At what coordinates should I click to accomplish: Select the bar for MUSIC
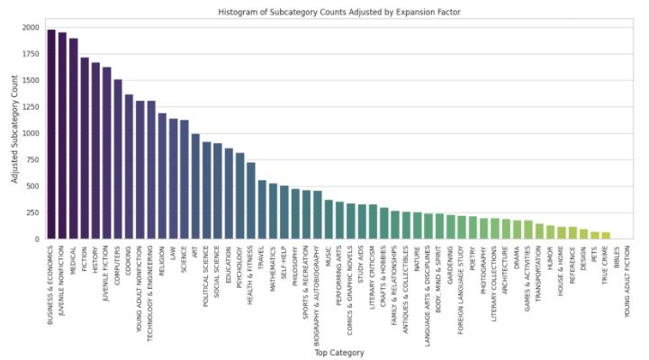pos(329,220)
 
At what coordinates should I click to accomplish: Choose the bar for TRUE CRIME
pos(606,236)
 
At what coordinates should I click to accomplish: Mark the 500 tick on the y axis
pos(34,186)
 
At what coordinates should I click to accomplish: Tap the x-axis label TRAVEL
pos(262,257)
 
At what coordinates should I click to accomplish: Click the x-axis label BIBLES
pos(617,256)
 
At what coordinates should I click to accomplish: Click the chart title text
pos(331,12)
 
